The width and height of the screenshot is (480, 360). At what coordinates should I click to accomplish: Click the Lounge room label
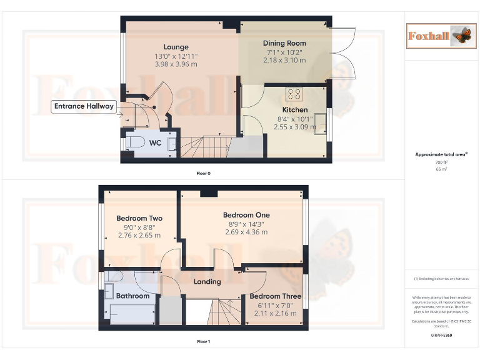click(x=176, y=47)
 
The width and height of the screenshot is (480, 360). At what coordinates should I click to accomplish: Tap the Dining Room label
click(x=284, y=43)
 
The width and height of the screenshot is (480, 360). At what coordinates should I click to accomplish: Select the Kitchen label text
click(x=294, y=109)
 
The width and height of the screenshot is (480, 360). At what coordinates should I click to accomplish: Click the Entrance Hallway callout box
click(x=84, y=106)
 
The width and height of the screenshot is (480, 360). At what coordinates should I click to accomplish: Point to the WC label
click(x=155, y=143)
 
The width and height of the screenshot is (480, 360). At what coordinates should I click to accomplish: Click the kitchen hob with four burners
click(x=294, y=94)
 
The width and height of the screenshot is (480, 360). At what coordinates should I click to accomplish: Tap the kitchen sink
click(x=321, y=123)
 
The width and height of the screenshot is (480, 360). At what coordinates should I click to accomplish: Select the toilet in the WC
click(x=132, y=143)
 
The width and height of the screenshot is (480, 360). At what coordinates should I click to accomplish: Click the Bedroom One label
click(x=246, y=215)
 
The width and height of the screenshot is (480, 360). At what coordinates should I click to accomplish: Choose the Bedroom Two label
click(x=139, y=218)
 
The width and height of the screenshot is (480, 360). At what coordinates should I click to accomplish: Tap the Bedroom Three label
click(x=275, y=296)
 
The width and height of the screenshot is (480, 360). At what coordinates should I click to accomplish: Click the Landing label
click(x=207, y=281)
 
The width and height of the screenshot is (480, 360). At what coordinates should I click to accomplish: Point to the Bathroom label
click(x=133, y=296)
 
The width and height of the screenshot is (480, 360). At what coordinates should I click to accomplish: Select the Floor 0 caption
click(x=203, y=172)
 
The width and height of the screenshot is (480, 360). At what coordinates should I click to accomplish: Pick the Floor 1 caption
click(x=203, y=342)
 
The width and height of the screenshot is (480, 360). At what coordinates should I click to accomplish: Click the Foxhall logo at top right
click(x=440, y=36)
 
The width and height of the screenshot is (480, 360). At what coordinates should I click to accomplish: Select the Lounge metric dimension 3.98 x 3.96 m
click(x=176, y=64)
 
